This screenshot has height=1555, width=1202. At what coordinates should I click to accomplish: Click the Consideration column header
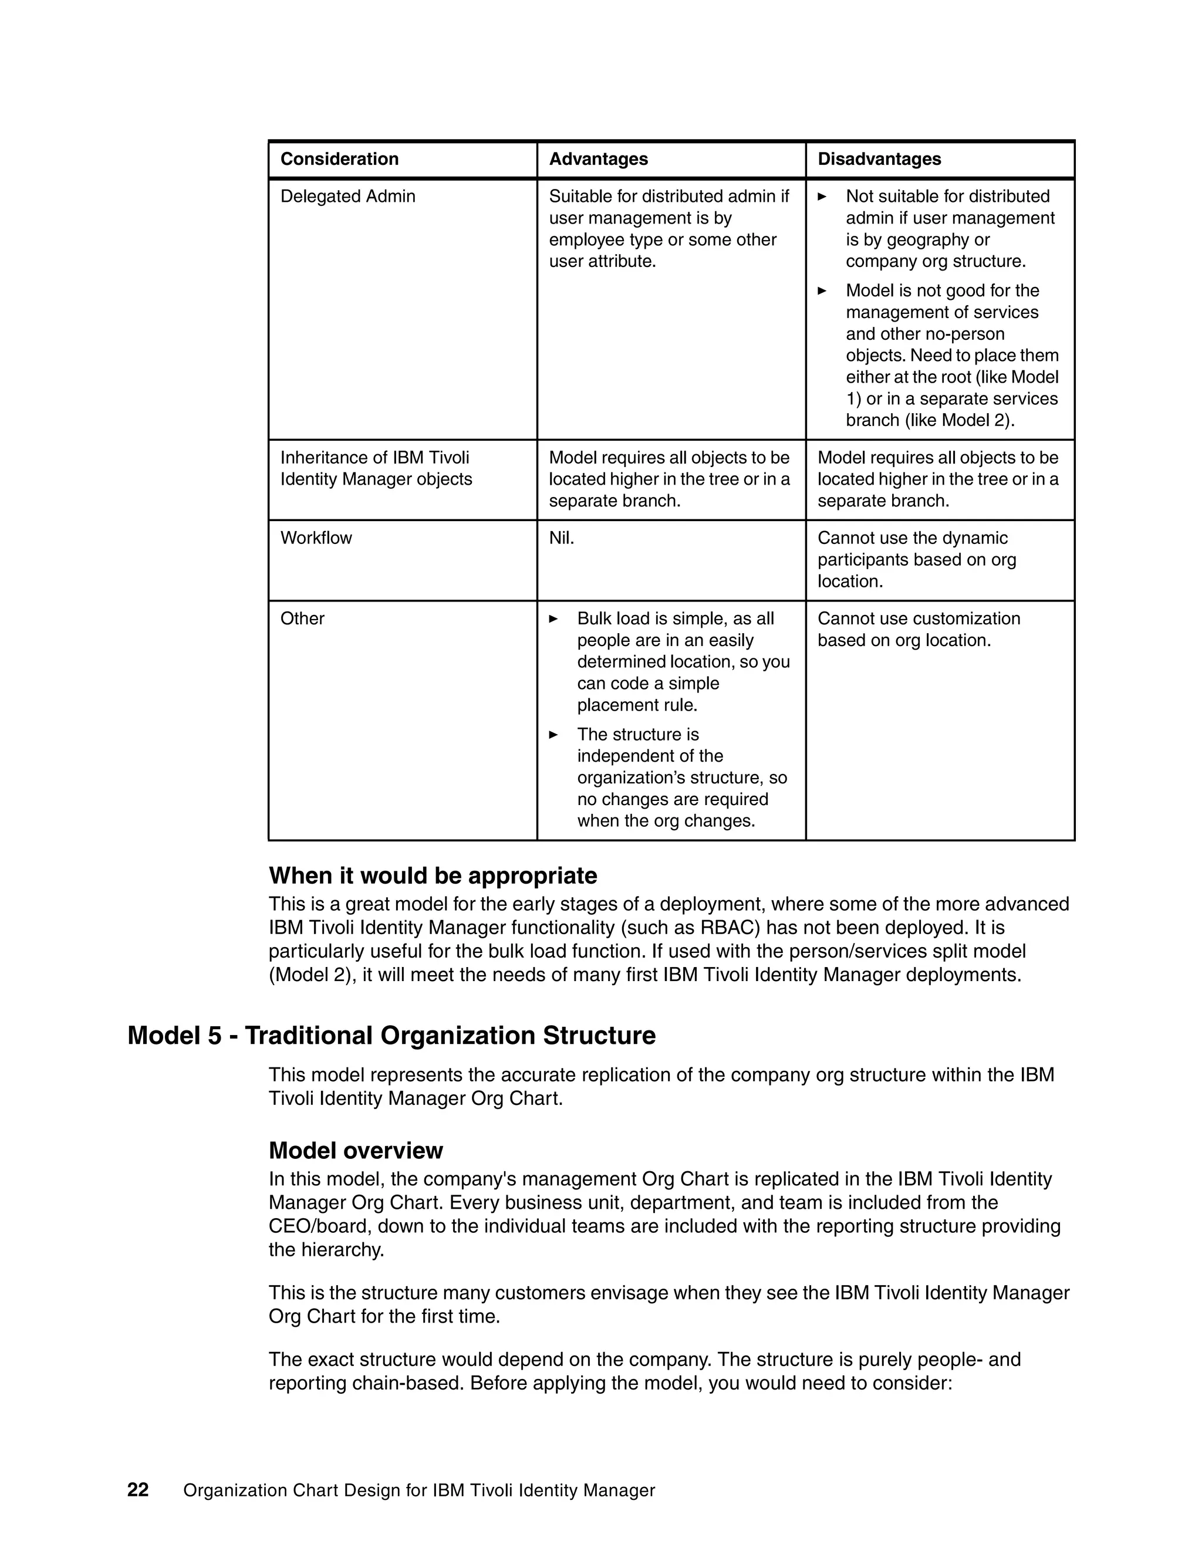[339, 159]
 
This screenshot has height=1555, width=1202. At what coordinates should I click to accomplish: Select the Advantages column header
[598, 159]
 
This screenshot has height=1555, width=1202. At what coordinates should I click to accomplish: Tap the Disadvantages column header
[879, 159]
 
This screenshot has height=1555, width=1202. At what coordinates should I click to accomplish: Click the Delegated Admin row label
[347, 197]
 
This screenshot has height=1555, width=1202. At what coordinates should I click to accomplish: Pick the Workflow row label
[316, 538]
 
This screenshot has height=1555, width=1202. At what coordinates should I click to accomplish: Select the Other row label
[302, 618]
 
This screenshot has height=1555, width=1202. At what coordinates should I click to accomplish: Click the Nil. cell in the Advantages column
[561, 538]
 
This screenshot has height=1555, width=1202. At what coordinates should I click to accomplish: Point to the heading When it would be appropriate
[433, 875]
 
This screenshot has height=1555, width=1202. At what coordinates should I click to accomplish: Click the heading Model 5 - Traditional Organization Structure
[391, 1035]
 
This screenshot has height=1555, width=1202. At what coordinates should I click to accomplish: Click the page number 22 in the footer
[137, 1490]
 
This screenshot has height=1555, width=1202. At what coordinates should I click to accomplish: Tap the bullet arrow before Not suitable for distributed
[822, 197]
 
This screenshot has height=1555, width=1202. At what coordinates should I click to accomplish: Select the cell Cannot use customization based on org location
[918, 630]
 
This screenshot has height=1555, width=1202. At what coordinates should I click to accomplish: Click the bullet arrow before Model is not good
[822, 291]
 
